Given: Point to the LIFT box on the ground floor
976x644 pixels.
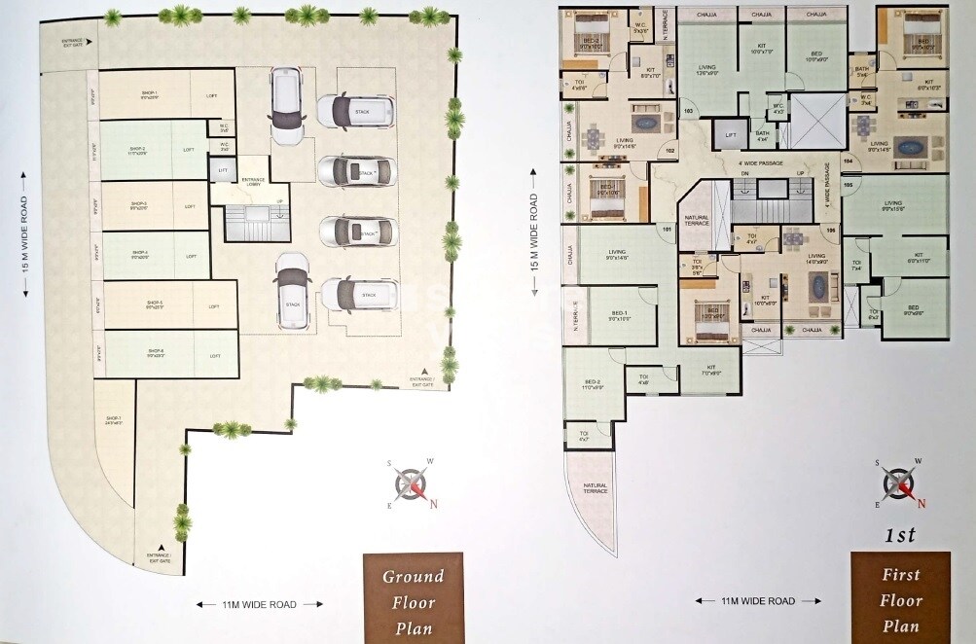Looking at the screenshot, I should (223, 170).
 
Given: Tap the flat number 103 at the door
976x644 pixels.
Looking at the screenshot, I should (688, 111).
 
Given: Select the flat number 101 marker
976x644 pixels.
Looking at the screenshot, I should (667, 230).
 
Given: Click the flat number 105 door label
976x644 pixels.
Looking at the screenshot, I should (847, 183).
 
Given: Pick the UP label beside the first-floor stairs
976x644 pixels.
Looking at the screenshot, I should (801, 173).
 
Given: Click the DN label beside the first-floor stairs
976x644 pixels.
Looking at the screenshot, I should (717, 173).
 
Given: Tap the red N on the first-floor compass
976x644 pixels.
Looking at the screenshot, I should (921, 502).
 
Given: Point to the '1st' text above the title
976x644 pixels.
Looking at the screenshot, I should (901, 534).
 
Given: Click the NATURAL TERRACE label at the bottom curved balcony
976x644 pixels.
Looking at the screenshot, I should (596, 489).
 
